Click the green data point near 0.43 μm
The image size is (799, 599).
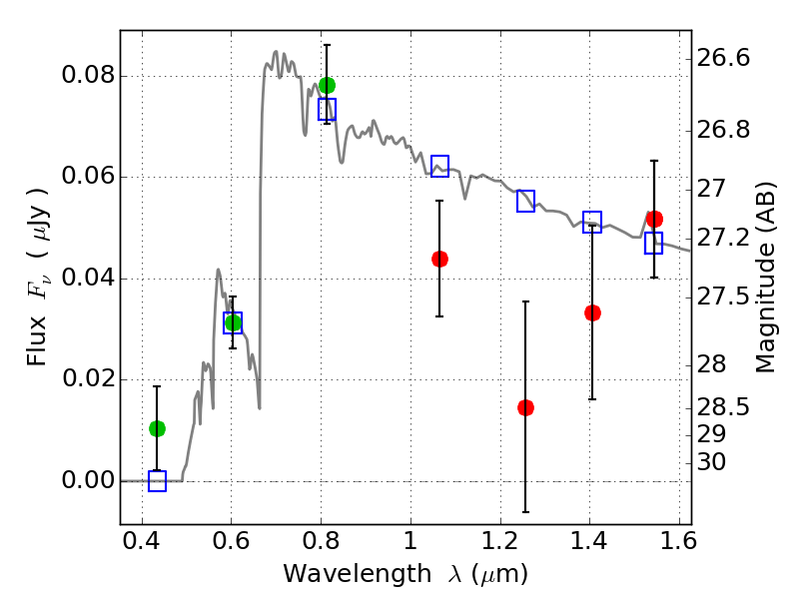click(x=157, y=429)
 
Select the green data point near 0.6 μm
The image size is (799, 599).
click(x=233, y=322)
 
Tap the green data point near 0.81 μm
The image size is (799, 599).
click(x=328, y=85)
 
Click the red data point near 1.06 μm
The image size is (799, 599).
click(x=439, y=259)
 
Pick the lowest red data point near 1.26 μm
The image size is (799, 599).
click(x=525, y=407)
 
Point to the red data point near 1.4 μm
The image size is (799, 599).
click(x=592, y=312)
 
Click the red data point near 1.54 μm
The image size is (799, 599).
click(x=654, y=219)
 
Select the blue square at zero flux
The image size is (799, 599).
click(x=157, y=481)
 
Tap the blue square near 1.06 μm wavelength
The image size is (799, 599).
click(x=439, y=166)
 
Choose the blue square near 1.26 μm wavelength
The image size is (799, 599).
click(x=525, y=201)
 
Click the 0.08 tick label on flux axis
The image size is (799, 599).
click(x=88, y=75)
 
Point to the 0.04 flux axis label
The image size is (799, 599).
click(x=88, y=278)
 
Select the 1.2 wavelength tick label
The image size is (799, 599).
click(x=500, y=541)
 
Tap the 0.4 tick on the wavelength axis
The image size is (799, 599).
click(x=141, y=541)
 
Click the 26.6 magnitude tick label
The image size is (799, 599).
click(x=723, y=58)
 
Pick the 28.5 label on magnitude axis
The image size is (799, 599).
click(x=723, y=407)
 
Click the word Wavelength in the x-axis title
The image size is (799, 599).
click(x=358, y=573)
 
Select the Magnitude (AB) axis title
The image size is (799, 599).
click(x=764, y=278)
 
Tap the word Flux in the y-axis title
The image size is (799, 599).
click(x=37, y=342)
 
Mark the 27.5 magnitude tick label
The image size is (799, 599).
click(x=723, y=297)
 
